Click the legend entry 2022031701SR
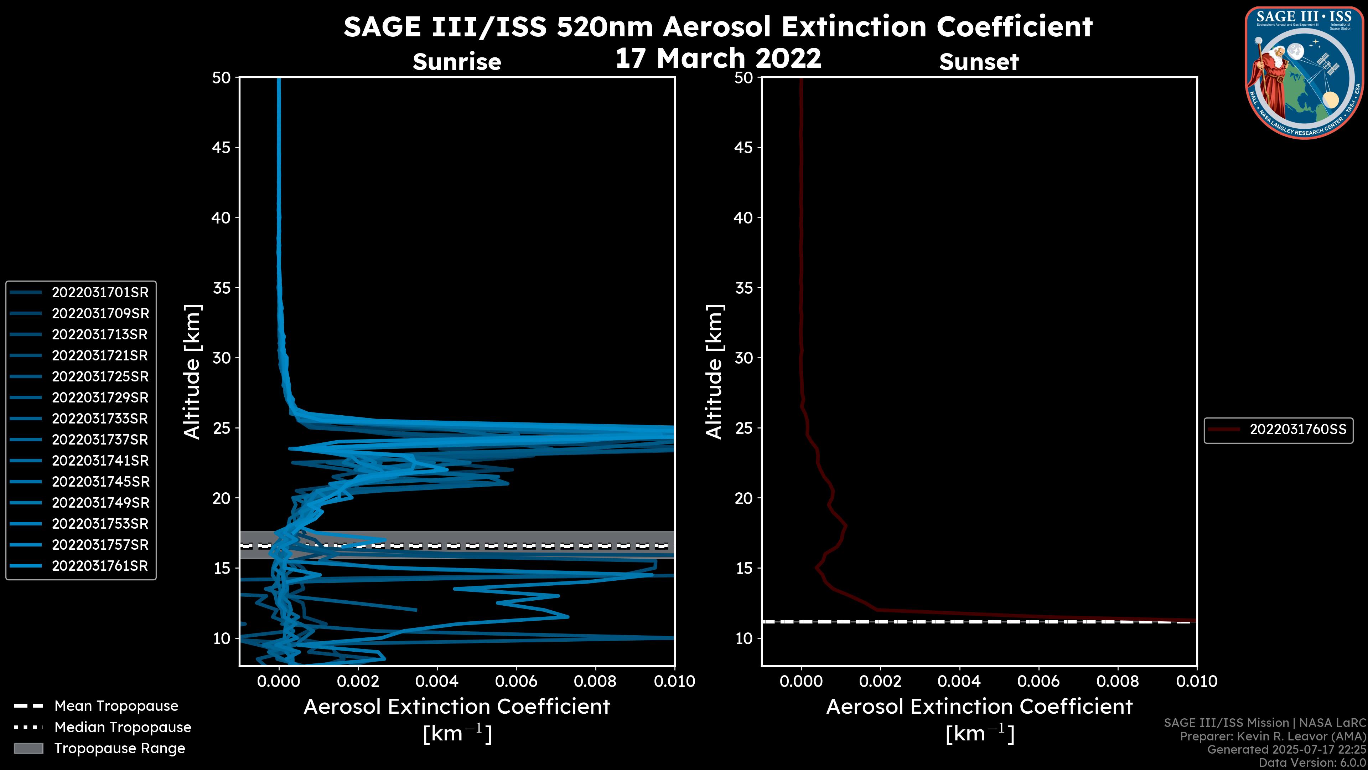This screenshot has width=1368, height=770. coord(100,292)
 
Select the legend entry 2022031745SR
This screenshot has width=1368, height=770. coord(100,482)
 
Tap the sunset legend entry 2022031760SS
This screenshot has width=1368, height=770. coord(1297,429)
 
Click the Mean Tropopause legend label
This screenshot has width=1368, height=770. coord(116,706)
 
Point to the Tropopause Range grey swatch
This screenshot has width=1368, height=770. coord(28,748)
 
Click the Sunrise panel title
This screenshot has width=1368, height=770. coord(457,62)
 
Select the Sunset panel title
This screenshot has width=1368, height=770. coord(979,62)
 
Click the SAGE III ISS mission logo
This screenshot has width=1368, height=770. coord(1304,72)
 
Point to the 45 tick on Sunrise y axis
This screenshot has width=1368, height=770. coord(222,147)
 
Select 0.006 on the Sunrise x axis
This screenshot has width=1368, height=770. coord(516,681)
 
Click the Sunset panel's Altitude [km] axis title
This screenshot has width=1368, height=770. coord(714,372)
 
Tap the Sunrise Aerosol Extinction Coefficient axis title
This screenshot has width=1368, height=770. coord(457,707)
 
